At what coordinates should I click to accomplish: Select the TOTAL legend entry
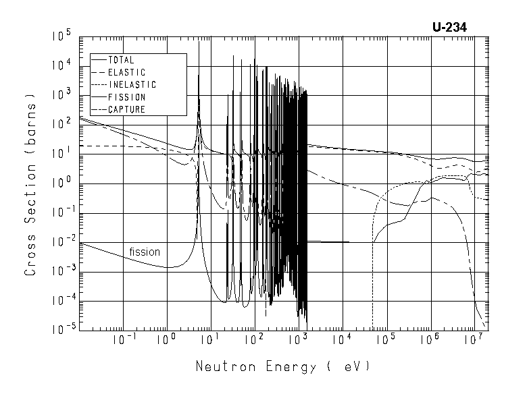121,60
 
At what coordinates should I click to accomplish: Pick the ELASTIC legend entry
126,72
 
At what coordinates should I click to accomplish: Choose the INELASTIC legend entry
132,85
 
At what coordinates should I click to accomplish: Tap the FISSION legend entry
126,97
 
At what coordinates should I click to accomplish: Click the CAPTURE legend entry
126,109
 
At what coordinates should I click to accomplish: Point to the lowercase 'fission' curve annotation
145,252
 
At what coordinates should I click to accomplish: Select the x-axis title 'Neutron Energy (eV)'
283,368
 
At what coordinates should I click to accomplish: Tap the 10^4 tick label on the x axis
343,341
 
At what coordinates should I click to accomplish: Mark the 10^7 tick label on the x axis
474,341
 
